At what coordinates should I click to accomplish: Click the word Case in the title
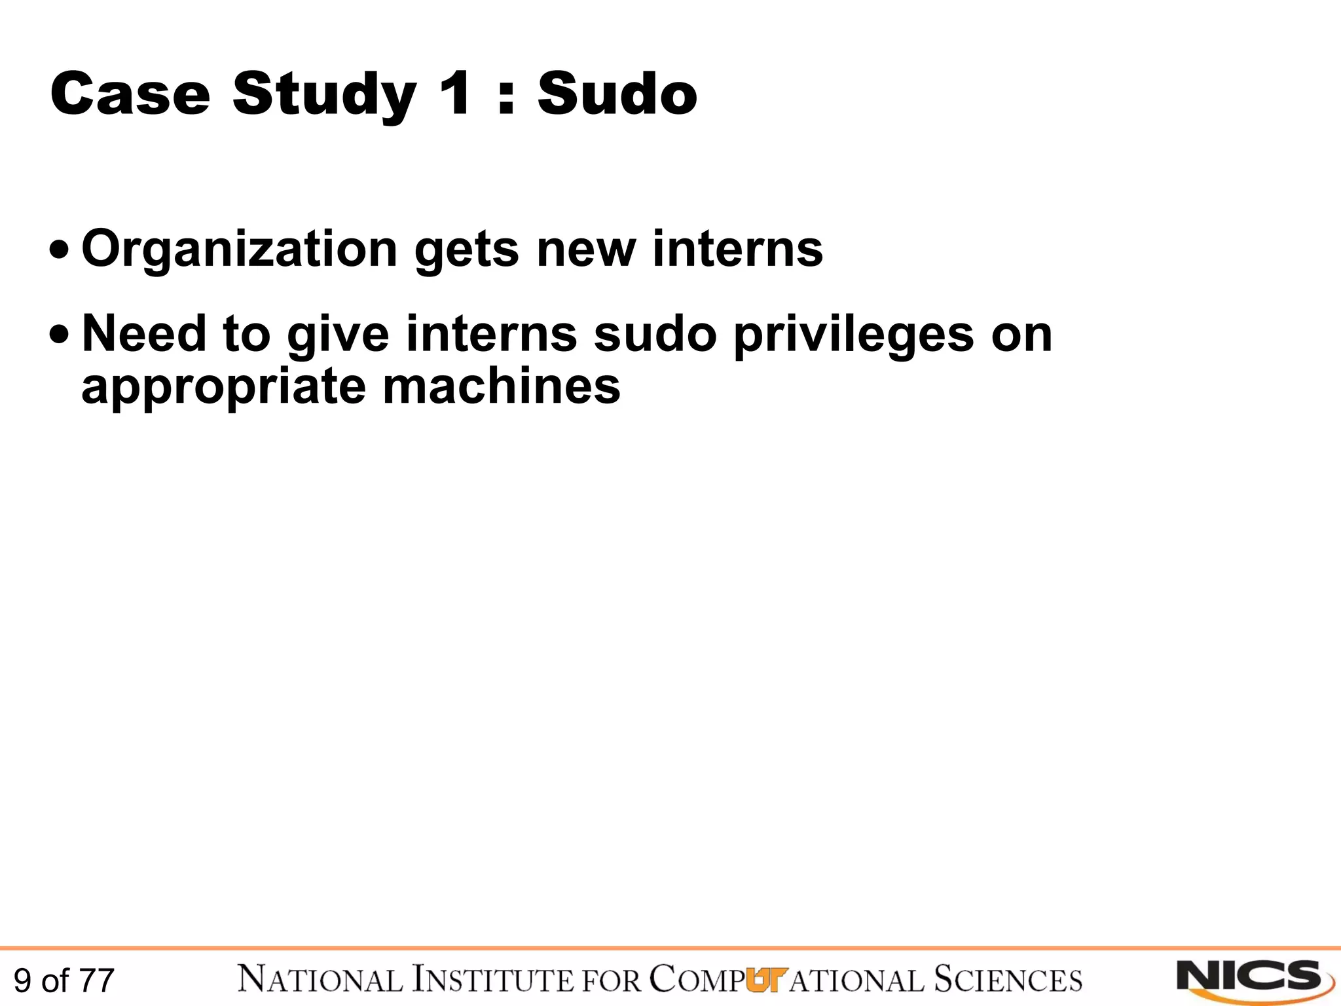(x=130, y=94)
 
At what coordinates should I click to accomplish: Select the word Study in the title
(x=324, y=96)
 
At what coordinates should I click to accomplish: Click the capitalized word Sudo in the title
(x=617, y=94)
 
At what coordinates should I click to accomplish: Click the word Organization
(x=240, y=250)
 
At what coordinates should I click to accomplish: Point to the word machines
(x=502, y=386)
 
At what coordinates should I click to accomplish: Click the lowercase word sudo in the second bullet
(x=655, y=334)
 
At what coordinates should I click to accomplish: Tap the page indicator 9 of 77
(x=64, y=980)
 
